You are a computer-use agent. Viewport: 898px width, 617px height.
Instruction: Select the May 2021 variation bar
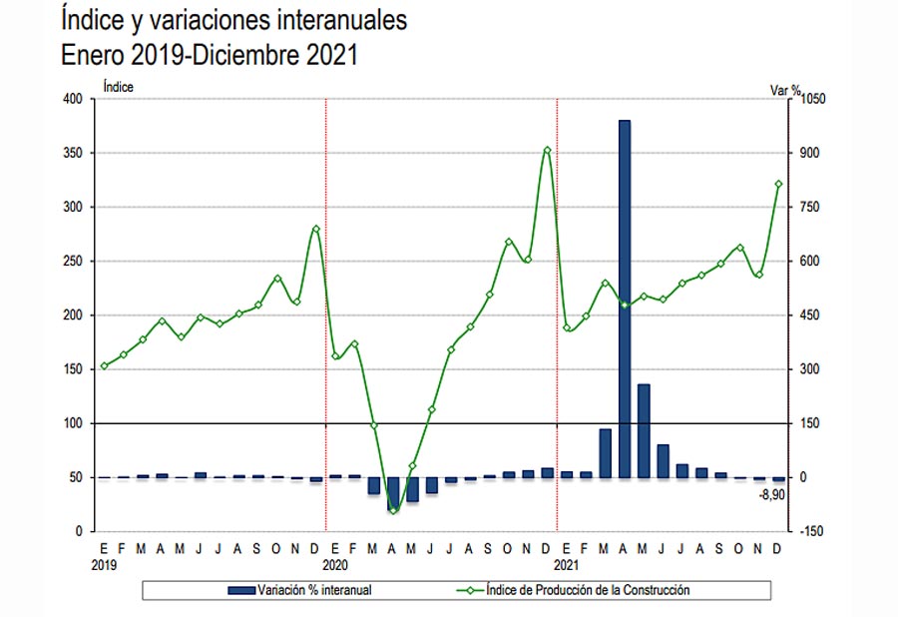(644, 430)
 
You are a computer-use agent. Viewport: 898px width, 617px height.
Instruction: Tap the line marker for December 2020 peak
(547, 151)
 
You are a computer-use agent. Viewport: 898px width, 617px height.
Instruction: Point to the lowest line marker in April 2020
(393, 510)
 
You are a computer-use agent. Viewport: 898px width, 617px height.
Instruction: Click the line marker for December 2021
(778, 184)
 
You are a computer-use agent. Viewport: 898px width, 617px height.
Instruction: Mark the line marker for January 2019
(104, 366)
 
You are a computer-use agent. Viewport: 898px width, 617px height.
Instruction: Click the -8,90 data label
(772, 494)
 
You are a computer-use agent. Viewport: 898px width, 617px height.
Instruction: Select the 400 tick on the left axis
(73, 99)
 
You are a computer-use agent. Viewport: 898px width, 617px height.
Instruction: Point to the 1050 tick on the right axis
(815, 99)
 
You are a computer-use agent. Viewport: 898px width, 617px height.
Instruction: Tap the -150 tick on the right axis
(812, 531)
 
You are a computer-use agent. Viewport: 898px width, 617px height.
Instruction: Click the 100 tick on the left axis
(73, 423)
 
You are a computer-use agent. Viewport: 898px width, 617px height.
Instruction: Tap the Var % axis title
(785, 89)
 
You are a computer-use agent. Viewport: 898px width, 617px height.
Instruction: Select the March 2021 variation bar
(605, 452)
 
